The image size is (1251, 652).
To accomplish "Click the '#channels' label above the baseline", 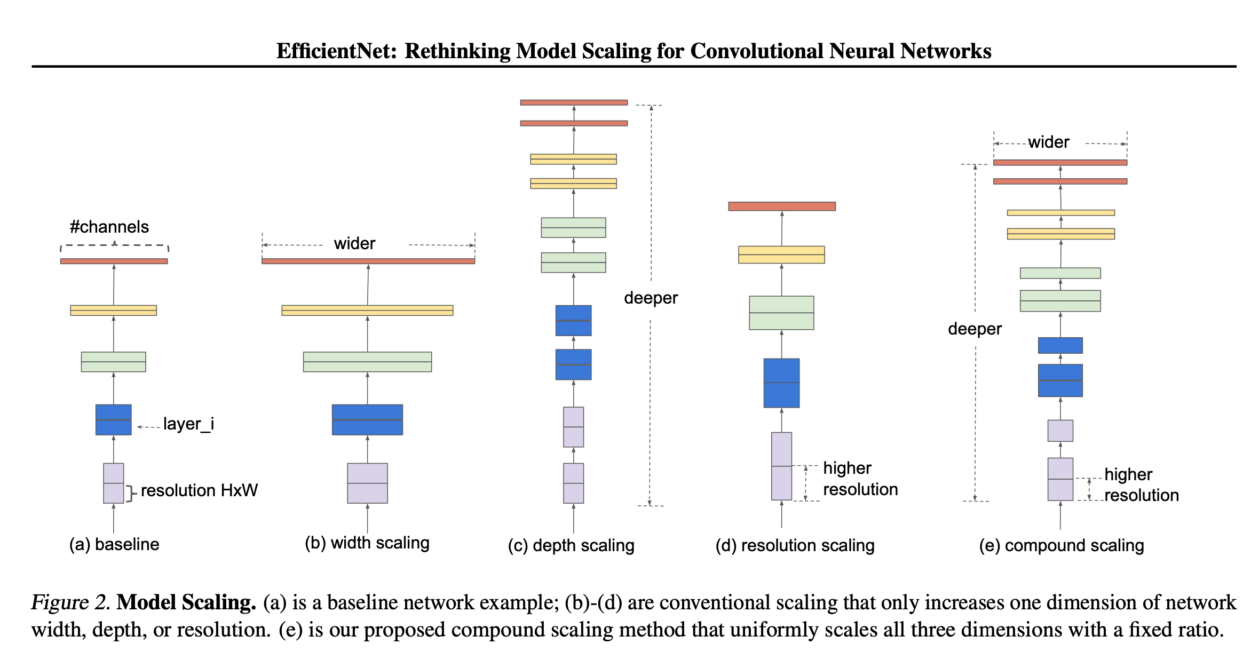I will click(x=109, y=227).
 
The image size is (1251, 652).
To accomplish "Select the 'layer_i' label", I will click(x=188, y=424).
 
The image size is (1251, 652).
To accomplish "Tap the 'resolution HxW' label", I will click(x=199, y=490).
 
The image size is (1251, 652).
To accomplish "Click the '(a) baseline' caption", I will click(x=114, y=544).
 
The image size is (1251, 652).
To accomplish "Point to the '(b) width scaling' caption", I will click(x=367, y=543).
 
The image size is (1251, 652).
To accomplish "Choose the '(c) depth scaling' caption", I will click(x=571, y=545).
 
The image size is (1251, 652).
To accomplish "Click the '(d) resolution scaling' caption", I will click(x=795, y=545).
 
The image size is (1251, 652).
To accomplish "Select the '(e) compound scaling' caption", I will click(x=1062, y=545).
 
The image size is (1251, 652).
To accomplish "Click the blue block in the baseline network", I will click(x=113, y=419).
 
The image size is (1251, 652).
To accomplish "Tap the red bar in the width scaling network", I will click(x=368, y=261).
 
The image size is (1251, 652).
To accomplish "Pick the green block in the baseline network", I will click(x=113, y=362).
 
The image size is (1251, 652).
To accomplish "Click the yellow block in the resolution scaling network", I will click(x=781, y=255).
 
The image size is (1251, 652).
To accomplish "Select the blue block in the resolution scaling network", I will click(x=781, y=383).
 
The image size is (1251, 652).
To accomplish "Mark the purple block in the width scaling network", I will click(x=367, y=483).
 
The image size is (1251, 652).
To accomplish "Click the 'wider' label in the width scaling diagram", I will click(x=354, y=244).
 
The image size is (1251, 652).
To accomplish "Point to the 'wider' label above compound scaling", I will click(x=1049, y=142).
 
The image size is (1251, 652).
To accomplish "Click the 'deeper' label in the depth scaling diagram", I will click(x=651, y=298).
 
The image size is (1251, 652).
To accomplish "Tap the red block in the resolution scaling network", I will click(x=782, y=206).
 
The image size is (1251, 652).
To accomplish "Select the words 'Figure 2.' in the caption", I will click(x=70, y=602).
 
